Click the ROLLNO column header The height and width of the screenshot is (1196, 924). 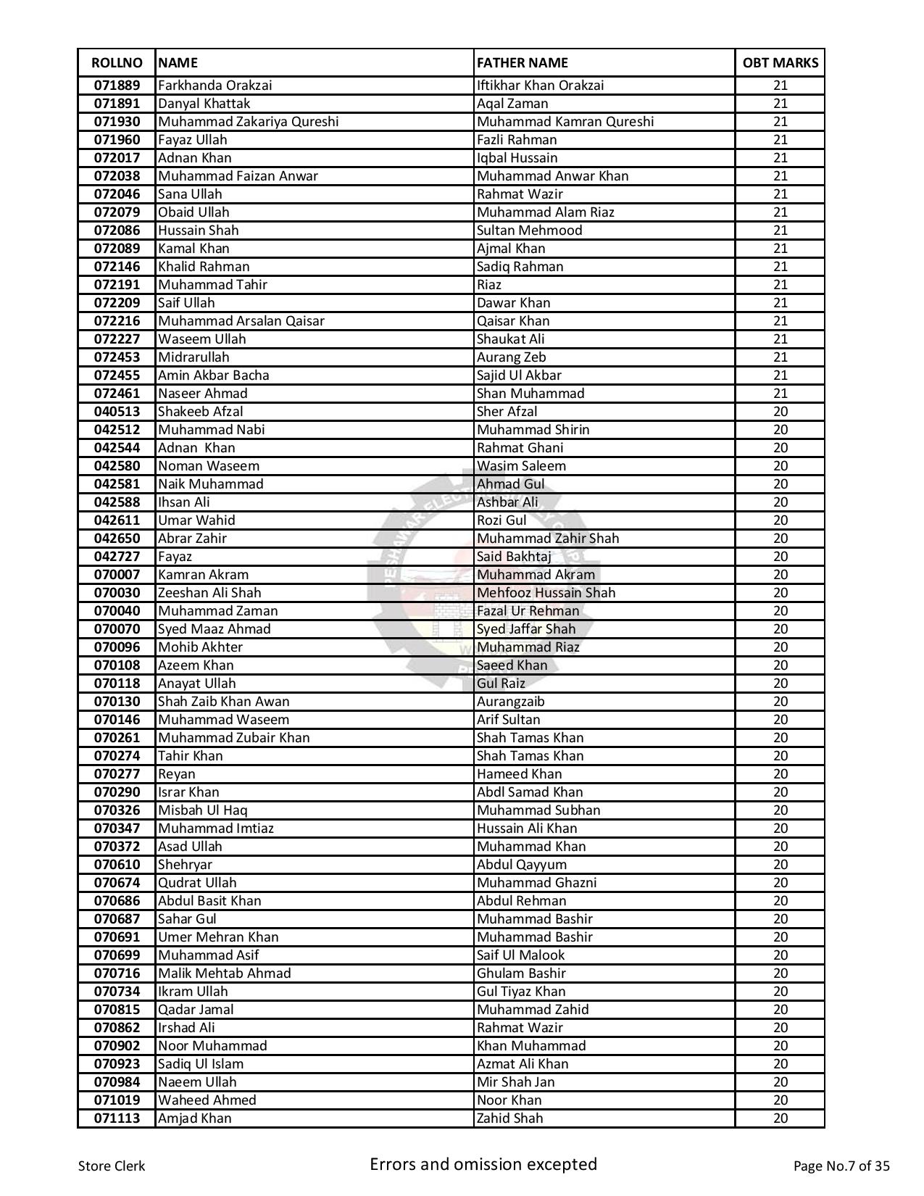pos(117,63)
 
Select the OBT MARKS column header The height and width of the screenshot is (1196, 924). pos(780,63)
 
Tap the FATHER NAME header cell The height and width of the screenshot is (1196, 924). pos(522,63)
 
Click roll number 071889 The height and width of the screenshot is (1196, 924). pos(117,86)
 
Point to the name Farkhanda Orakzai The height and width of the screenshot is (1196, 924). pos(215,86)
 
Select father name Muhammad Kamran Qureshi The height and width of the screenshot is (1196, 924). pos(565,122)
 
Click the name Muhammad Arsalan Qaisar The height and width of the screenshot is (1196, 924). pos(241,321)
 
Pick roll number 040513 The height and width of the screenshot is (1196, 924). pos(117,412)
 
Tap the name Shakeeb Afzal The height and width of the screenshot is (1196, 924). pos(200,412)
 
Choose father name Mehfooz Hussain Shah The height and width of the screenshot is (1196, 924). pos(546,593)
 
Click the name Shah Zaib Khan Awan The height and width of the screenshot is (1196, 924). pos(223,702)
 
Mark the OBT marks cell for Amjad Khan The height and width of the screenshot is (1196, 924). pos(780,1118)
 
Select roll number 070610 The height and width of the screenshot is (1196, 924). pos(117,865)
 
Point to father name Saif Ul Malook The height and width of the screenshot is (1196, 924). pos(520,955)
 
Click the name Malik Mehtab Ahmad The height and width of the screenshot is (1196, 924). pos(224,973)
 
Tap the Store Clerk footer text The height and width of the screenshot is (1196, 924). pos(112,1166)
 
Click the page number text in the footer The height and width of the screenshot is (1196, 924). pos(841,1166)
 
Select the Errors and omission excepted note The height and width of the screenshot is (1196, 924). pos(483,1165)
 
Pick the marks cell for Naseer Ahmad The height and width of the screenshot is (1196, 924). pos(780,394)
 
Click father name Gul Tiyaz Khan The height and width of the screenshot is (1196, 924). pos(520,992)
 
